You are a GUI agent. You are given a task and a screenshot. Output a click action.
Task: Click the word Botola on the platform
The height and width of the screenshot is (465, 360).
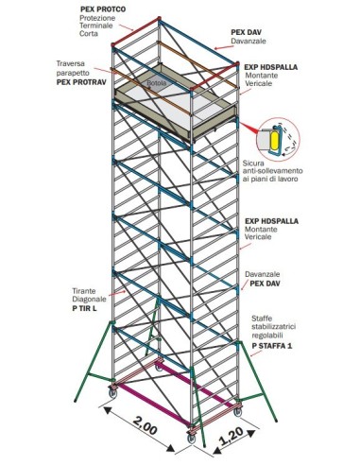tap(156, 84)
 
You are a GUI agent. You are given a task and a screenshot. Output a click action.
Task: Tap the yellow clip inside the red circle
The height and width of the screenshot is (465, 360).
tap(275, 139)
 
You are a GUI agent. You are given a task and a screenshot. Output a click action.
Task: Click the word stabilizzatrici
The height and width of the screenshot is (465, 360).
tap(281, 330)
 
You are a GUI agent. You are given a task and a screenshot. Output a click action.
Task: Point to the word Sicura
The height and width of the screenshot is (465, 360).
tap(254, 162)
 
